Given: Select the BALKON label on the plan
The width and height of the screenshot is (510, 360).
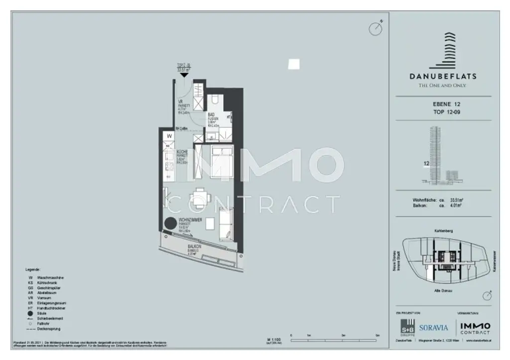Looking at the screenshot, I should tap(194, 246).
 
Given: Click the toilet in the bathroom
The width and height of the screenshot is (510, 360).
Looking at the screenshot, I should tap(215, 100).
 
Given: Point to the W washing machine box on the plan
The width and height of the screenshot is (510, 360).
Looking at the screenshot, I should tap(170, 135).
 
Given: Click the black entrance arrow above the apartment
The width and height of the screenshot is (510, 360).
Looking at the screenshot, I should tap(184, 75).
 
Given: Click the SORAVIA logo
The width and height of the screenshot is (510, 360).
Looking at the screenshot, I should tap(434, 328).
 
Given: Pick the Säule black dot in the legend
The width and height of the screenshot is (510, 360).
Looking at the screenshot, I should tap(31, 313).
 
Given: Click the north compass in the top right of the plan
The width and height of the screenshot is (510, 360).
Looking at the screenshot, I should tap(376, 28).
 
